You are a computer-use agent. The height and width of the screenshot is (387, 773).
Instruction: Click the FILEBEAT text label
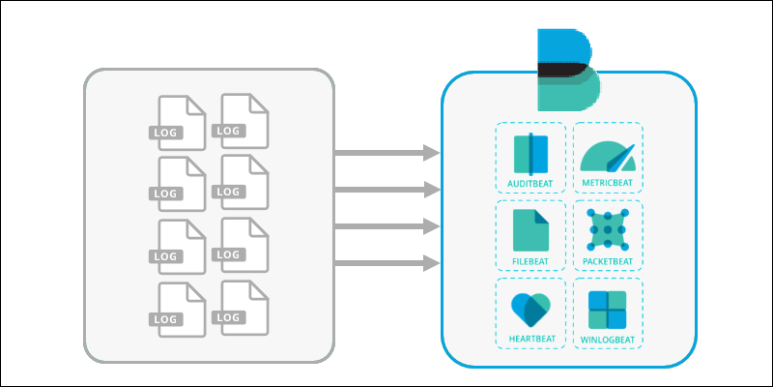[530, 261]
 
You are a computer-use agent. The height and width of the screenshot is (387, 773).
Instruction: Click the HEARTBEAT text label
[530, 340]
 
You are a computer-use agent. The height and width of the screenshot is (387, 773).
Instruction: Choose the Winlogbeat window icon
[608, 310]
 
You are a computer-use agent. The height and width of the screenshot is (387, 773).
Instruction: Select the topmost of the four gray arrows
[383, 152]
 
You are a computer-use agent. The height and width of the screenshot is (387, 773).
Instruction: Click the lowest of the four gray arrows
[383, 261]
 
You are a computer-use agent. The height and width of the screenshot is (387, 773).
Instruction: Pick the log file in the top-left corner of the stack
[180, 122]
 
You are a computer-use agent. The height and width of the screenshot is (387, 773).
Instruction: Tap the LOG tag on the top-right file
[229, 131]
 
